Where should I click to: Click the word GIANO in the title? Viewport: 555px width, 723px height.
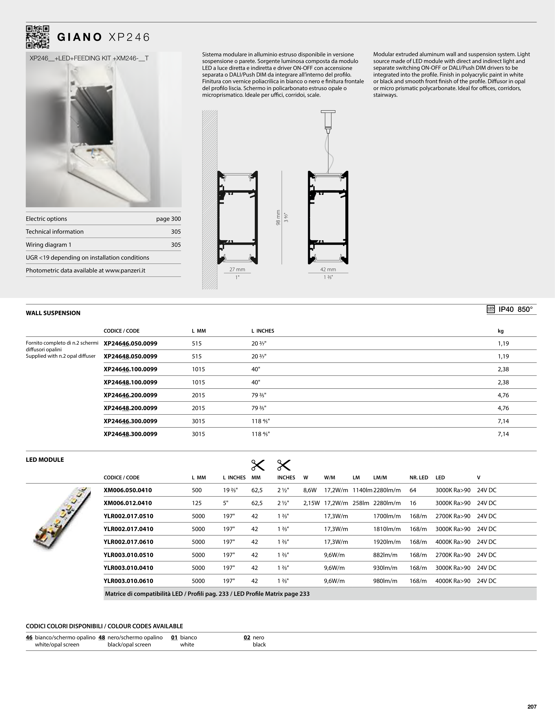point(79,37)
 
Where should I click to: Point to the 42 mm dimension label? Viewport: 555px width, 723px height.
point(328,269)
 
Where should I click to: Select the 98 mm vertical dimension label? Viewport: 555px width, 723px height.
point(278,218)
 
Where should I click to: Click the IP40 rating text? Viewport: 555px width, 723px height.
point(506,309)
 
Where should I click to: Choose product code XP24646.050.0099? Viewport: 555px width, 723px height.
point(131,343)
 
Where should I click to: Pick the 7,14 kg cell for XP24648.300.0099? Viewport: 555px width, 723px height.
point(503,434)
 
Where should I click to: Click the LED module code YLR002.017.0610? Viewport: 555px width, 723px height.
point(129,542)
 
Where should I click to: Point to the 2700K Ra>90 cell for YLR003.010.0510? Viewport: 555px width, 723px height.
point(453,555)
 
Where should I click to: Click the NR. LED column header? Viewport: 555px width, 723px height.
point(419,477)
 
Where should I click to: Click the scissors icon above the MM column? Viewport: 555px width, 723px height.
point(258,465)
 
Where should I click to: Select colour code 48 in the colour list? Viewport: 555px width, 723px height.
point(102,638)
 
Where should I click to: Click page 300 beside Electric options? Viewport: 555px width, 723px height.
point(169,219)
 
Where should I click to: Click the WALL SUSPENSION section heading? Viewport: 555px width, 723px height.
point(53,313)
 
